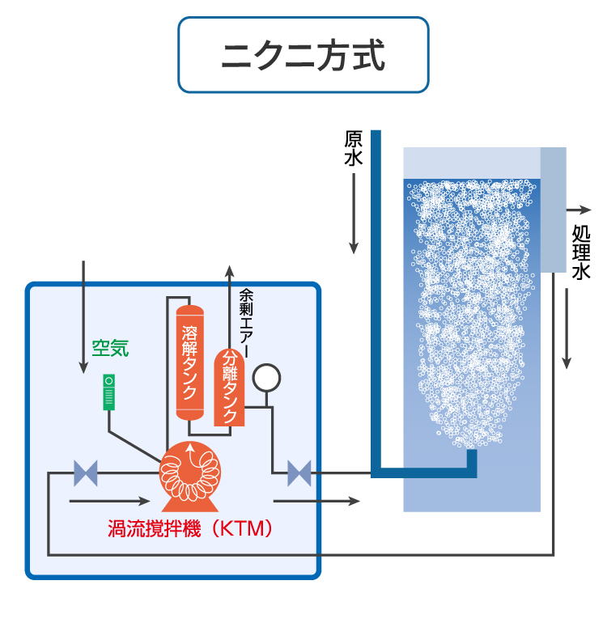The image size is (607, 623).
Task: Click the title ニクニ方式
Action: [x=303, y=55]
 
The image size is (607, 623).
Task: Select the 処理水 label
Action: [x=581, y=252]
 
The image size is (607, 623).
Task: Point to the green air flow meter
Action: [x=109, y=392]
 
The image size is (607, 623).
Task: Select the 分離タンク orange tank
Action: [x=229, y=388]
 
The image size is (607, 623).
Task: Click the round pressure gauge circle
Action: [x=266, y=377]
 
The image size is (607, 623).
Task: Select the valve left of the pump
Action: [x=85, y=473]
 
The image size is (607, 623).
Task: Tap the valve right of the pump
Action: [x=299, y=473]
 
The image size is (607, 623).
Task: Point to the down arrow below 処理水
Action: [x=567, y=324]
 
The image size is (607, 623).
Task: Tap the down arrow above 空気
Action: [x=83, y=316]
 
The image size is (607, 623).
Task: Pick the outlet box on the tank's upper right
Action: [x=553, y=210]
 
